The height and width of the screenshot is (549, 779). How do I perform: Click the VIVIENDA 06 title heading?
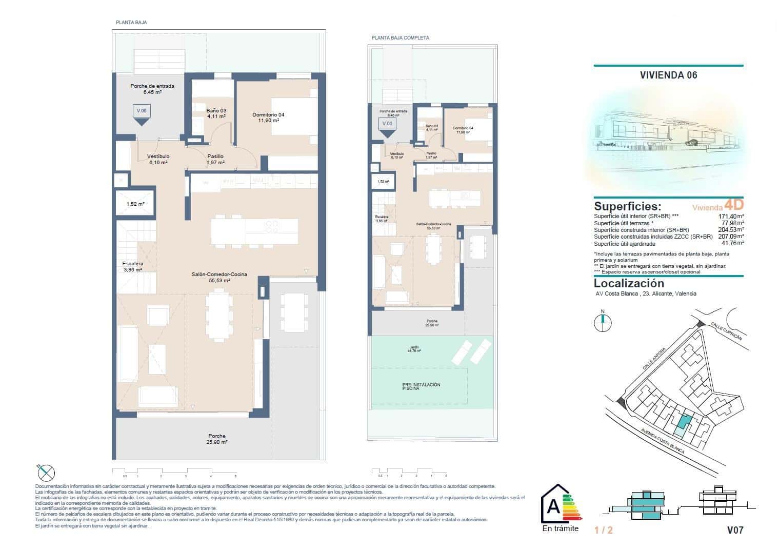668,75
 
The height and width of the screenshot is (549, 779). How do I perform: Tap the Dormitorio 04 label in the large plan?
268,117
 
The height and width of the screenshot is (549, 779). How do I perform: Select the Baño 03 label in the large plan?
216,113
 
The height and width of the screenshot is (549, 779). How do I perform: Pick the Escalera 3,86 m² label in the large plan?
132,266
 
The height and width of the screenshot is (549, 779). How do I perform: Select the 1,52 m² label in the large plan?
135,204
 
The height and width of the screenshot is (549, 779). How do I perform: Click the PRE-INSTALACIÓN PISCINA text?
421,387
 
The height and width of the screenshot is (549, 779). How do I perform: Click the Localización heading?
628,283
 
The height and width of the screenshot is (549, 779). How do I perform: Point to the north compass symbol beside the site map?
603,322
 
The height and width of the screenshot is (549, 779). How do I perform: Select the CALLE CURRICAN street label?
726,331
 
